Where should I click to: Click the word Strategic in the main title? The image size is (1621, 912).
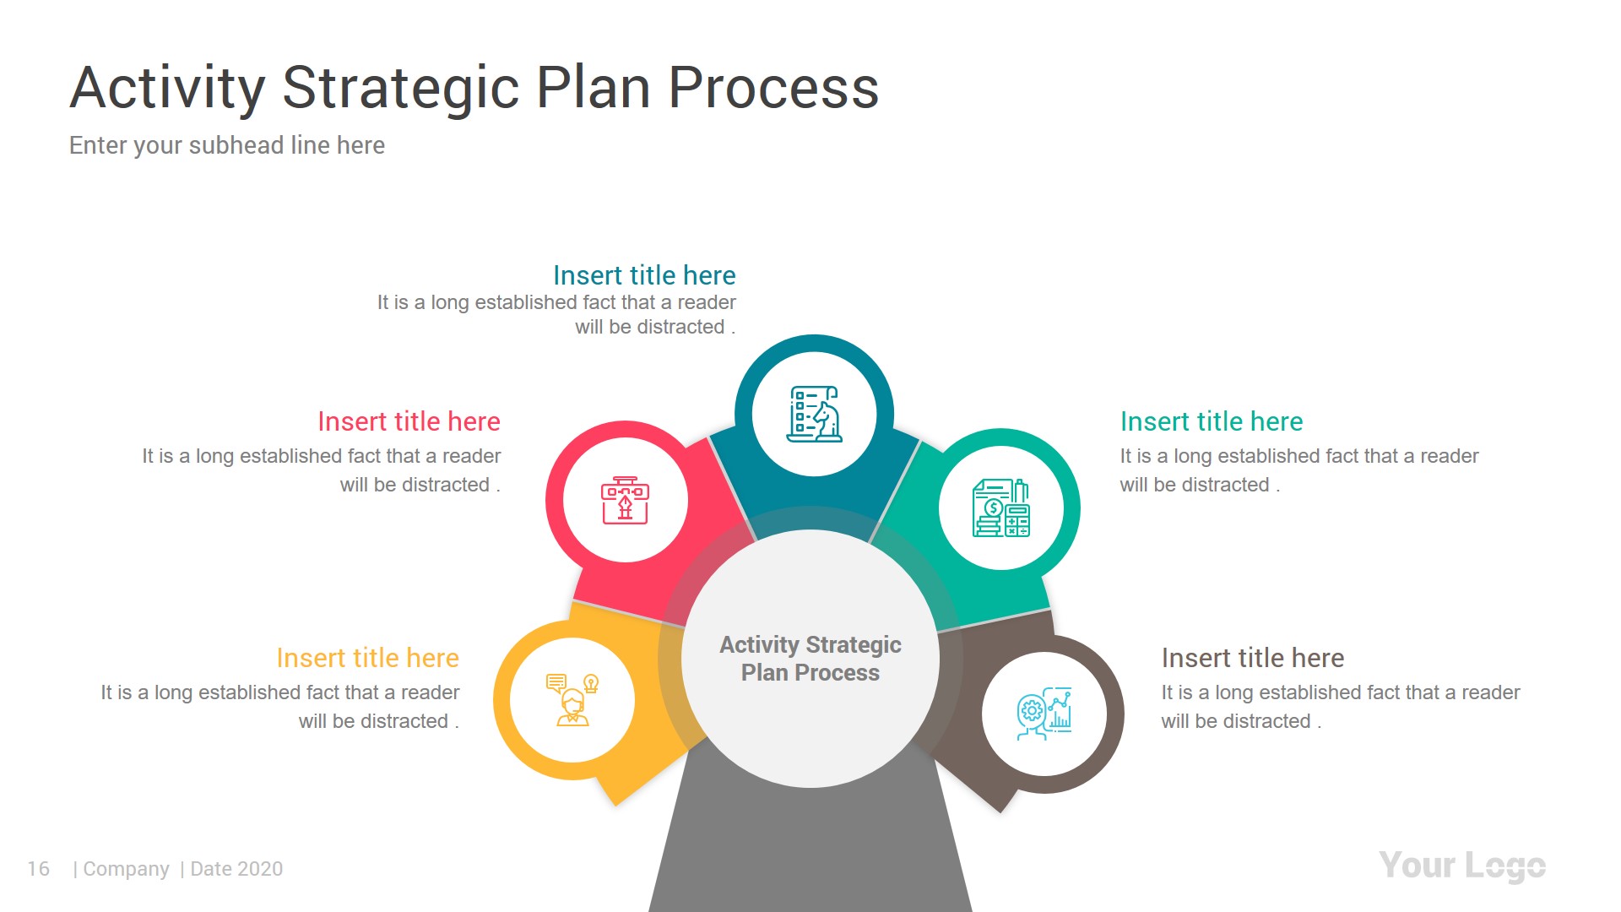pyautogui.click(x=400, y=88)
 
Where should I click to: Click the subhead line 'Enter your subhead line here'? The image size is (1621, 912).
pyautogui.click(x=226, y=145)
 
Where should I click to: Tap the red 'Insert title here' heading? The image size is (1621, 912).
pyautogui.click(x=409, y=421)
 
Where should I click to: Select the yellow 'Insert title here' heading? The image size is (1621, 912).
pyautogui.click(x=367, y=658)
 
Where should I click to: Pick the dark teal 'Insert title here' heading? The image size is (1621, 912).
pyautogui.click(x=643, y=275)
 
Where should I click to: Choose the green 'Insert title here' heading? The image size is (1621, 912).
pyautogui.click(x=1211, y=421)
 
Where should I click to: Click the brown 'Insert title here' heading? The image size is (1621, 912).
pyautogui.click(x=1252, y=658)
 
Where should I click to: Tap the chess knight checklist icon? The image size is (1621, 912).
pyautogui.click(x=814, y=415)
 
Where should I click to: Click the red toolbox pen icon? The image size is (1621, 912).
pyautogui.click(x=625, y=501)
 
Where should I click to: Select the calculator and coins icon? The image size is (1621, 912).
pyautogui.click(x=1001, y=508)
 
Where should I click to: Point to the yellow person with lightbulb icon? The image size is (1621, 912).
pyautogui.click(x=572, y=700)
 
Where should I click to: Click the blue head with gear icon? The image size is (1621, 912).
pyautogui.click(x=1044, y=714)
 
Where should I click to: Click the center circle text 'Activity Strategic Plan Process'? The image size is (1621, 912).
pyautogui.click(x=810, y=659)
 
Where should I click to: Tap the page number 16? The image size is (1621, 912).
pyautogui.click(x=38, y=869)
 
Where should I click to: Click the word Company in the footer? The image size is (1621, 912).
pyautogui.click(x=126, y=869)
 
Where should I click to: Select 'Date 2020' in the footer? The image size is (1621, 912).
pyautogui.click(x=236, y=869)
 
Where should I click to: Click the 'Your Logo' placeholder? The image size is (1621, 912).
pyautogui.click(x=1461, y=866)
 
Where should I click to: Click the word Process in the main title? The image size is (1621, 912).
pyautogui.click(x=773, y=88)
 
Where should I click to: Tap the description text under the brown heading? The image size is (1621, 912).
pyautogui.click(x=1339, y=707)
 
